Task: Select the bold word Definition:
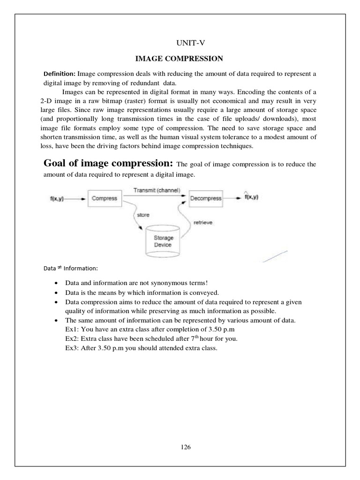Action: point(60,74)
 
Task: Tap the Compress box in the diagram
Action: point(104,198)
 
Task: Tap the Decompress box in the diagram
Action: point(206,198)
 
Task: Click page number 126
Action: point(186,447)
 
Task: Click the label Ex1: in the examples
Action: point(72,330)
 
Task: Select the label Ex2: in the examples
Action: point(72,338)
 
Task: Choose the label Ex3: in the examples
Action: point(72,347)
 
